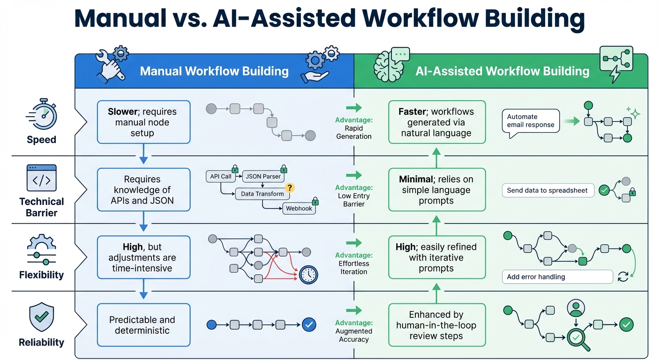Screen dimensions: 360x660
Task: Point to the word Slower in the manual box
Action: (x=123, y=112)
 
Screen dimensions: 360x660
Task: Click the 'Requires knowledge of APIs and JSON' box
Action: (x=143, y=190)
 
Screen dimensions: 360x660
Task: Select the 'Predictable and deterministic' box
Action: (x=143, y=325)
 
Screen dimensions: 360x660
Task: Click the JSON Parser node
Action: (x=263, y=177)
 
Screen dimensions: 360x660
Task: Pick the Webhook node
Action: (x=299, y=209)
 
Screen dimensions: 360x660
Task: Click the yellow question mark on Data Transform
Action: (x=290, y=188)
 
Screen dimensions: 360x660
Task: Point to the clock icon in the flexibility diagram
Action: (x=308, y=275)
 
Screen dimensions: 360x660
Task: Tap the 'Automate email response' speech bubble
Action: (x=531, y=121)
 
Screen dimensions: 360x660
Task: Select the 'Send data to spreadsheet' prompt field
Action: (x=547, y=191)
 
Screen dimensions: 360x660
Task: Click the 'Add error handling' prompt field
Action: (x=557, y=277)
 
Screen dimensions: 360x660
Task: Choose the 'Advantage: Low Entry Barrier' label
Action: (x=354, y=196)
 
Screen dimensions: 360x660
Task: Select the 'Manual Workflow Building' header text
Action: (x=214, y=71)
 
